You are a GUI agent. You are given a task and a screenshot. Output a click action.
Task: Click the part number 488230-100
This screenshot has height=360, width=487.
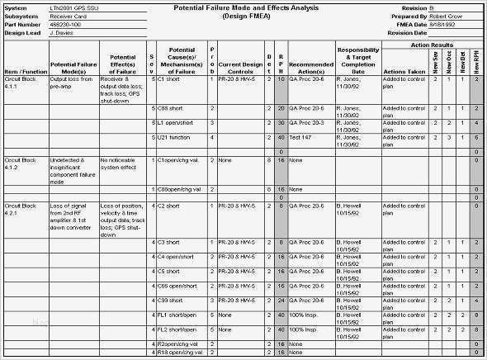67,23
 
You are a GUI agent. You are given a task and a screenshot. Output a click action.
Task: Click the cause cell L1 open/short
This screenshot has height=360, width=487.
175,123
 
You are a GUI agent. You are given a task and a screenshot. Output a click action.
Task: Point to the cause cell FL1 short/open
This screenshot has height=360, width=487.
176,314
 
